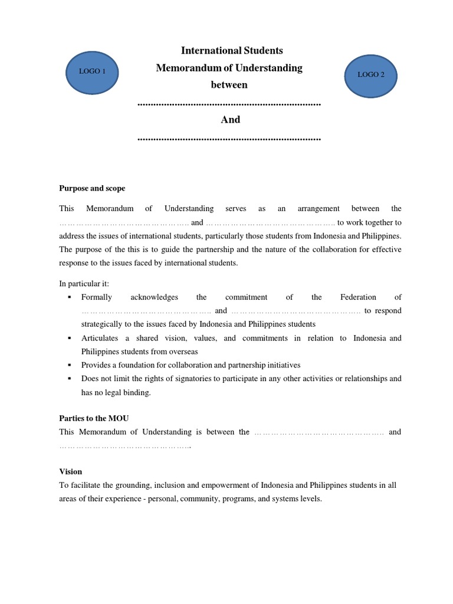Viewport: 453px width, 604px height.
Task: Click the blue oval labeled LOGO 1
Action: pyautogui.click(x=92, y=72)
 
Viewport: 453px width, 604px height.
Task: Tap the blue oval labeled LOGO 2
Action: pyautogui.click(x=370, y=75)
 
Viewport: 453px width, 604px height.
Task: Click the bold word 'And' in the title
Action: pyautogui.click(x=230, y=120)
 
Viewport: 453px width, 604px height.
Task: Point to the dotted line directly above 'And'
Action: pyautogui.click(x=229, y=104)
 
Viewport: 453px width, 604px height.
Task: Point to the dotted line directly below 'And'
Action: pyautogui.click(x=229, y=139)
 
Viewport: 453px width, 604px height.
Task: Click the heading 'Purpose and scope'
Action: pyautogui.click(x=92, y=188)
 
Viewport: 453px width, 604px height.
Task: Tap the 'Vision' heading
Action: pyautogui.click(x=71, y=471)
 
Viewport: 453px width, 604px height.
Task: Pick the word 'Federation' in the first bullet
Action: pyautogui.click(x=360, y=297)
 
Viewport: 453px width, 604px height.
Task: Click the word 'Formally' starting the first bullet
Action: pyautogui.click(x=97, y=297)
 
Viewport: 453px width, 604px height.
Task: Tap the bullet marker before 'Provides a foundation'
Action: pyautogui.click(x=70, y=365)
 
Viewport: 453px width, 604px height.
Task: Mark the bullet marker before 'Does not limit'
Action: pyautogui.click(x=70, y=379)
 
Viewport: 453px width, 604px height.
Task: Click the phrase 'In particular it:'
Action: pyautogui.click(x=84, y=284)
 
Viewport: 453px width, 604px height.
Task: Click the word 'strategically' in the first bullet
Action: pyautogui.click(x=103, y=324)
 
